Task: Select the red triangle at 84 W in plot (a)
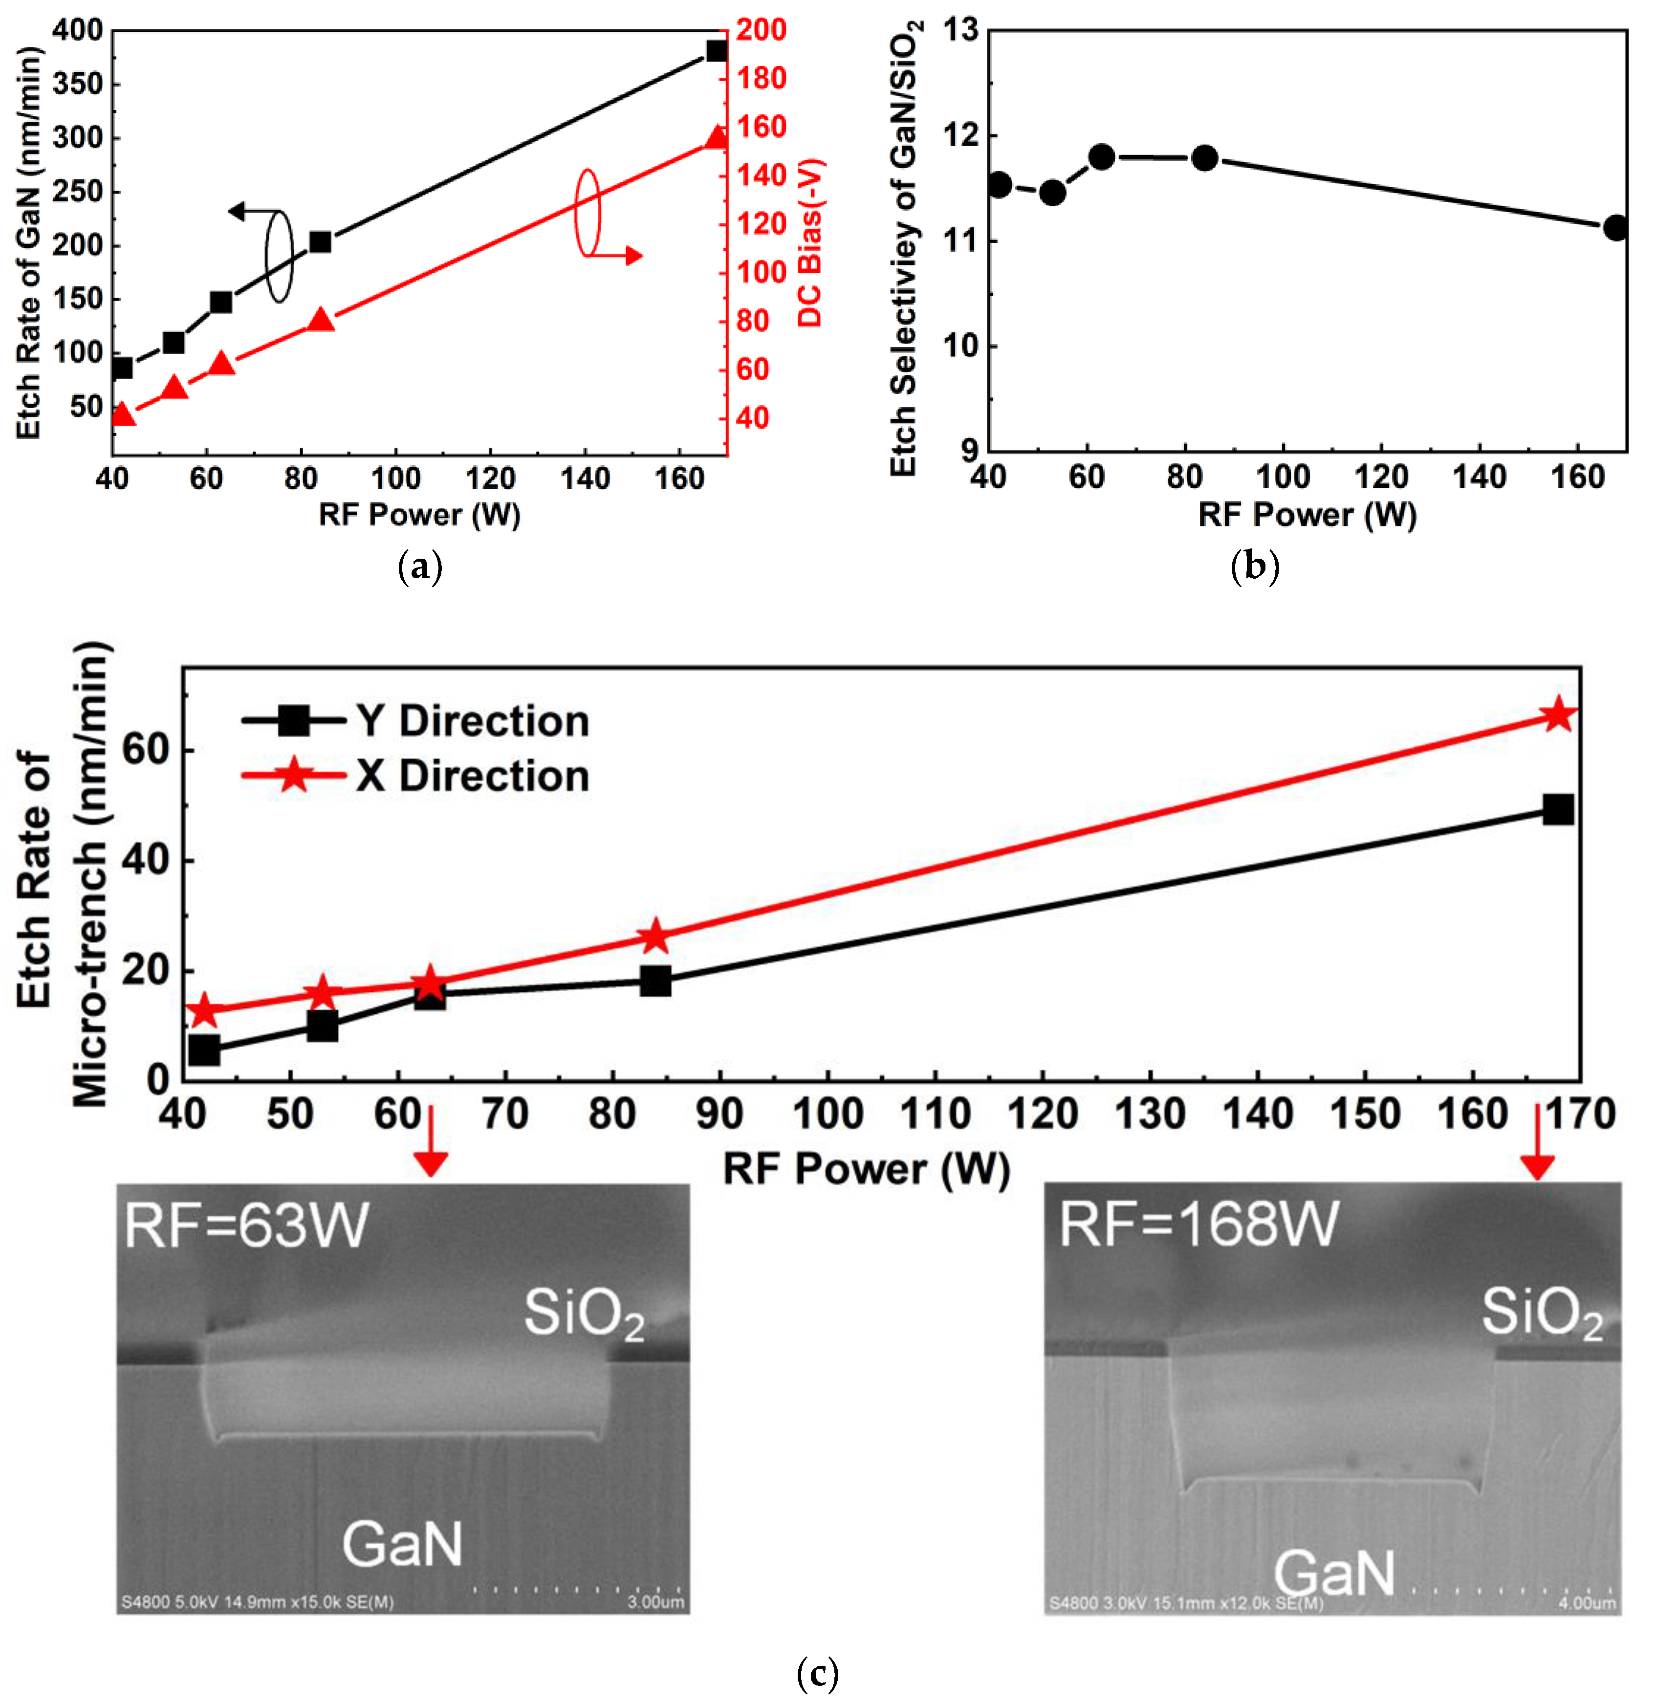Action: [322, 320]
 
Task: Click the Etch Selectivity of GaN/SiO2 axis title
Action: [905, 248]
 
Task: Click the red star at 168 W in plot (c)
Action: [1558, 715]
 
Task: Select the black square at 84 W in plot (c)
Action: [655, 981]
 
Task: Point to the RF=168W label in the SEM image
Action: [1198, 1225]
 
